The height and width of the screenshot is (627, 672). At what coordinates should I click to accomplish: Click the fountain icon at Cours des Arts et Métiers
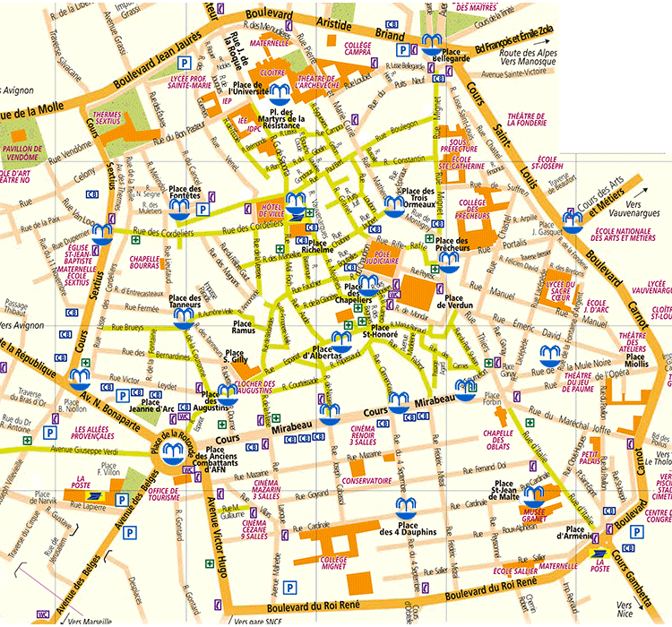click(x=573, y=219)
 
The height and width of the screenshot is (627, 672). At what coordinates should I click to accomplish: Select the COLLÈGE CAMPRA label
click(x=358, y=49)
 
